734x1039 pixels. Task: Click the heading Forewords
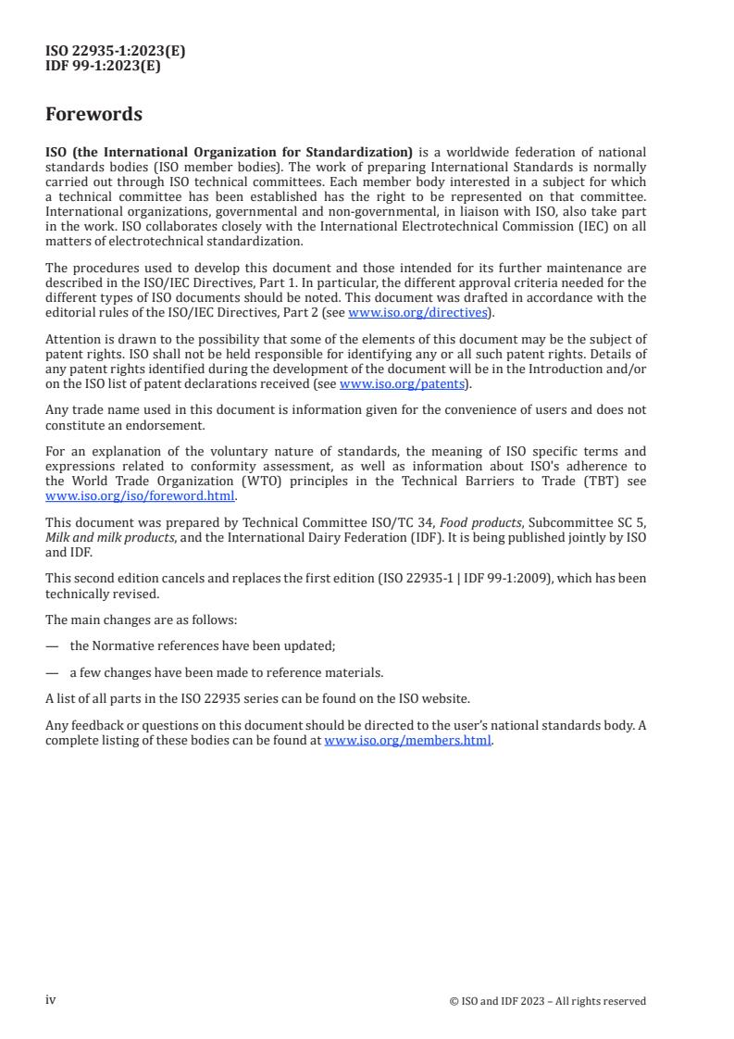tap(93, 115)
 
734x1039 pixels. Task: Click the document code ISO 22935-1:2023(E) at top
tap(115, 52)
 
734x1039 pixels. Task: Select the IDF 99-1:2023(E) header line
tap(103, 66)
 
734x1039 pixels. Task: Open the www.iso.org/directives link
tap(417, 313)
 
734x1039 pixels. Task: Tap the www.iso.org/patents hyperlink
tap(404, 384)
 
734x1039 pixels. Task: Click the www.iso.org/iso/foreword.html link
tap(140, 495)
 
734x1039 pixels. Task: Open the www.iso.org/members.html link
tap(407, 741)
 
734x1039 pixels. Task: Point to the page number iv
tap(51, 1000)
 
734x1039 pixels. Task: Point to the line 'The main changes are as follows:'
tap(141, 620)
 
